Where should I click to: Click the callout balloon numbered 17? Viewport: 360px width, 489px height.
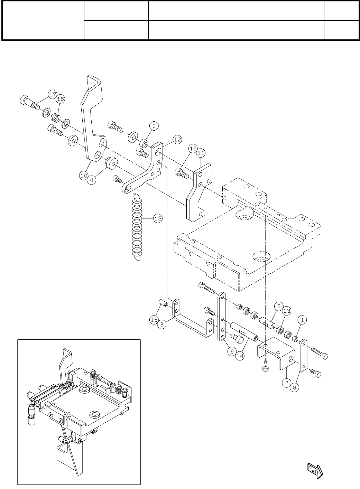(x=52, y=94)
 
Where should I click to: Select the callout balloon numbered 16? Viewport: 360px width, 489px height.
(x=61, y=99)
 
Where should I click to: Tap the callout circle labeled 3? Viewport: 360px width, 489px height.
(x=154, y=126)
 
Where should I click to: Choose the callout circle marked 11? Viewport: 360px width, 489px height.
(x=201, y=152)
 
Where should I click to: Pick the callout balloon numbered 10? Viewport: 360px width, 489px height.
(x=84, y=175)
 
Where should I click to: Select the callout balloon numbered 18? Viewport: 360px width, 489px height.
(x=158, y=218)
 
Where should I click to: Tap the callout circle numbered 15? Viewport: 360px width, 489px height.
(x=154, y=320)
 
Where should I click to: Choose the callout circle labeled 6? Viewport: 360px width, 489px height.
(x=279, y=306)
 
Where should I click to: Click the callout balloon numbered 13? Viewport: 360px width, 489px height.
(x=286, y=311)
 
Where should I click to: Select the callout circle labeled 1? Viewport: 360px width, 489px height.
(x=302, y=320)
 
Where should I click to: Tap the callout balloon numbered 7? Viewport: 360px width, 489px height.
(x=286, y=383)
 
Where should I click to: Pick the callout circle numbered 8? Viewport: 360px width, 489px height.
(x=295, y=388)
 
